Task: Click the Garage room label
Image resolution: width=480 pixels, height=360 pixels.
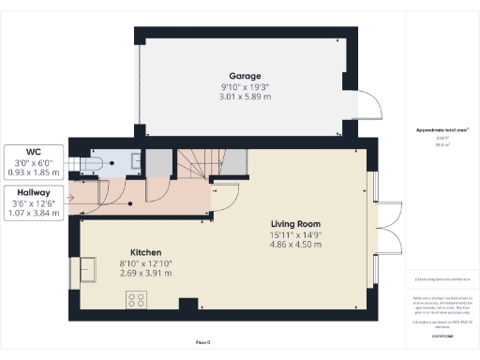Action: click(x=245, y=76)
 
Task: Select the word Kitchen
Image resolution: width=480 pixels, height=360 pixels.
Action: click(x=147, y=253)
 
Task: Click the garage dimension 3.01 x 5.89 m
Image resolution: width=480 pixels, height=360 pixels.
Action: click(x=245, y=96)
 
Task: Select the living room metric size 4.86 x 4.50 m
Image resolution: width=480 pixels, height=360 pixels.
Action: click(x=296, y=245)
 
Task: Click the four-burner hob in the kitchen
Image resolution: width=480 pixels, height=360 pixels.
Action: click(x=136, y=300)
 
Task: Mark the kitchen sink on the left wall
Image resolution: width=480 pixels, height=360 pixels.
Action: click(x=88, y=271)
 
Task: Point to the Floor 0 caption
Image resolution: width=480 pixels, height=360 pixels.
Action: click(x=202, y=344)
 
